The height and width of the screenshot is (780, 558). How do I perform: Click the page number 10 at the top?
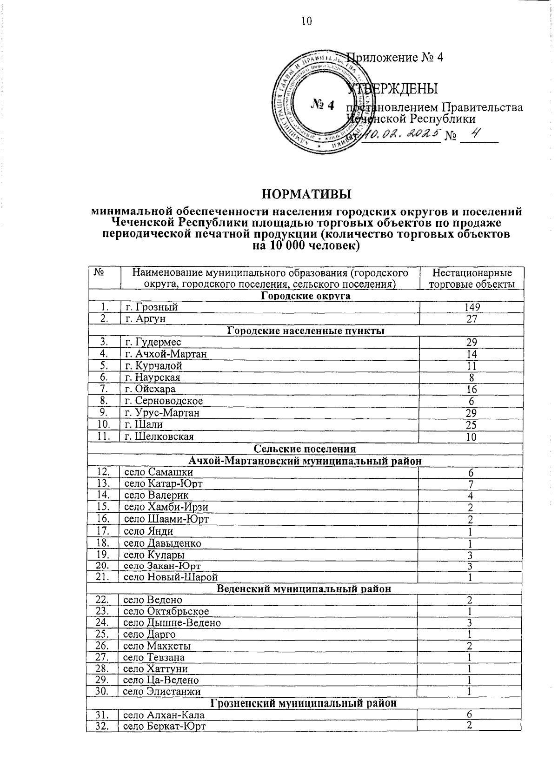point(306,21)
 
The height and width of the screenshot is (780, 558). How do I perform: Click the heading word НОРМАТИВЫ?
point(306,193)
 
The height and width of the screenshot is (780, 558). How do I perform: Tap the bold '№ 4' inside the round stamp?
point(322,105)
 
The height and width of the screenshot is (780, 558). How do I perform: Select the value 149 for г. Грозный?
point(472,307)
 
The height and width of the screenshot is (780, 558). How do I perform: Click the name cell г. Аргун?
point(146,319)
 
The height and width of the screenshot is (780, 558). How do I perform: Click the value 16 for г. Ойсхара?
point(472,390)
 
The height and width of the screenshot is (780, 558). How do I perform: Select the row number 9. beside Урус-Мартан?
point(104,413)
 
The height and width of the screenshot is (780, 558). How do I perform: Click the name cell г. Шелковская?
point(159,436)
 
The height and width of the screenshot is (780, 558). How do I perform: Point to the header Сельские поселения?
point(305,449)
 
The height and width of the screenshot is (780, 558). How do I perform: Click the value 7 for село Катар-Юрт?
point(471,484)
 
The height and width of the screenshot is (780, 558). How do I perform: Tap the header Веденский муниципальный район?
point(304,589)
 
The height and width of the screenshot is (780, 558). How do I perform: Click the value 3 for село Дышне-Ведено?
point(470,622)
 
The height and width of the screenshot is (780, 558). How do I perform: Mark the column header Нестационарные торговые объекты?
point(472,278)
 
